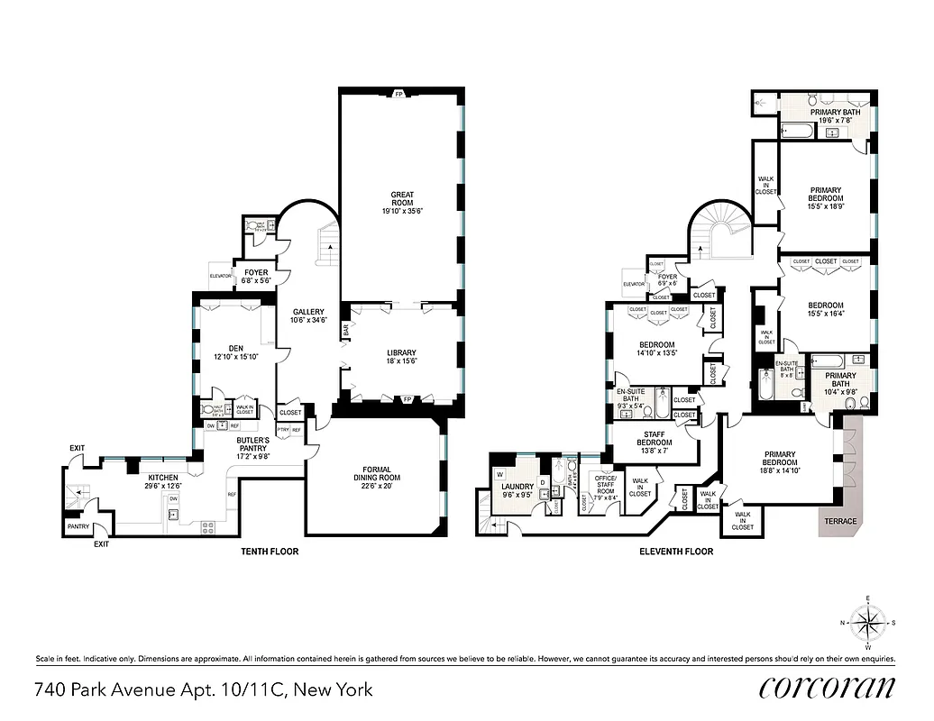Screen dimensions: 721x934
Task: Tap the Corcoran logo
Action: point(828,687)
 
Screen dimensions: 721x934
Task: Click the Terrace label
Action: point(840,521)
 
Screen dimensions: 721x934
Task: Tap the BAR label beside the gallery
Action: point(345,332)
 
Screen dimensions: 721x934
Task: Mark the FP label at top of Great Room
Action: point(398,94)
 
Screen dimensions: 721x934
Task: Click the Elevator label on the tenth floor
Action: point(222,276)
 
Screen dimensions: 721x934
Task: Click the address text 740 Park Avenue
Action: point(203,690)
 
